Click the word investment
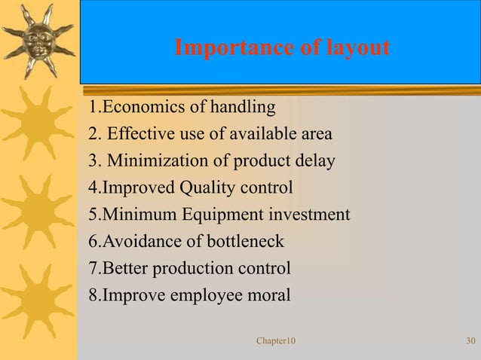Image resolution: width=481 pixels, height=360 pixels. pos(308,215)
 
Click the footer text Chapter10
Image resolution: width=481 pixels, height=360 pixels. pos(276,342)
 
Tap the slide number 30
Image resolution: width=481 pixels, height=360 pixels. pos(470,342)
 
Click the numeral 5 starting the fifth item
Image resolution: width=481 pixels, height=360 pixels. pos(93,215)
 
